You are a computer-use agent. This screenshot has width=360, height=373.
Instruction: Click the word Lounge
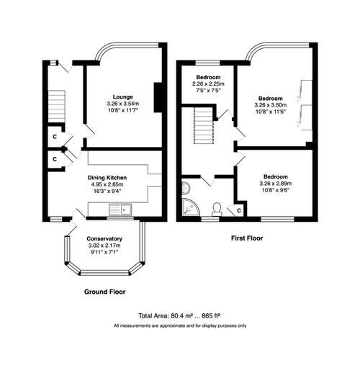[122, 96]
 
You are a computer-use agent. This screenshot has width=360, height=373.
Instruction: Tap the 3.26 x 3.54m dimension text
[122, 104]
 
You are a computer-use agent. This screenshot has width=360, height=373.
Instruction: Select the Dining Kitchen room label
[108, 177]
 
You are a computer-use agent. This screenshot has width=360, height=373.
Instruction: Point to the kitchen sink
[119, 210]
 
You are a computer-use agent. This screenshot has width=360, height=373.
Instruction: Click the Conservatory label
[104, 239]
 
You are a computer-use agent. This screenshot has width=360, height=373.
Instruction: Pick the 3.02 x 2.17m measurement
[104, 246]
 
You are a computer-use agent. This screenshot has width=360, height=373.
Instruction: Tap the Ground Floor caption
[105, 292]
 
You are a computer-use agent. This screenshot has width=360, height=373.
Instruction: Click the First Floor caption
[246, 237]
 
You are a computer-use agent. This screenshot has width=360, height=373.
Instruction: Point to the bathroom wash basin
[184, 188]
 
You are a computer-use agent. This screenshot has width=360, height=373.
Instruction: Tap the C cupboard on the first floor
[240, 210]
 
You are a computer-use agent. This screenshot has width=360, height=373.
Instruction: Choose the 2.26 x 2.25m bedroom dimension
[207, 84]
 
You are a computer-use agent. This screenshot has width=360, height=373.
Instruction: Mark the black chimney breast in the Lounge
[159, 98]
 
